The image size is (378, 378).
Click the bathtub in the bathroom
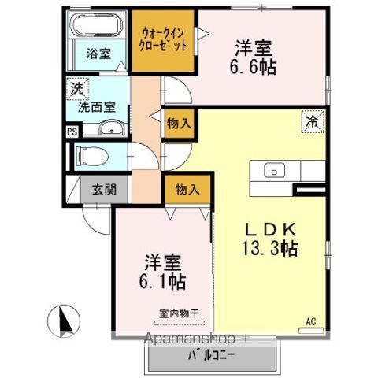[96, 27]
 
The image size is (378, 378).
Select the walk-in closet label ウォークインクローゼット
[165, 39]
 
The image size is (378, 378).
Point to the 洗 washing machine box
[76, 87]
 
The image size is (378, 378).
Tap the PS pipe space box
[72, 132]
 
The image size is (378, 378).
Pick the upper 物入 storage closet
[179, 123]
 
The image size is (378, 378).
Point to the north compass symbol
[65, 321]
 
